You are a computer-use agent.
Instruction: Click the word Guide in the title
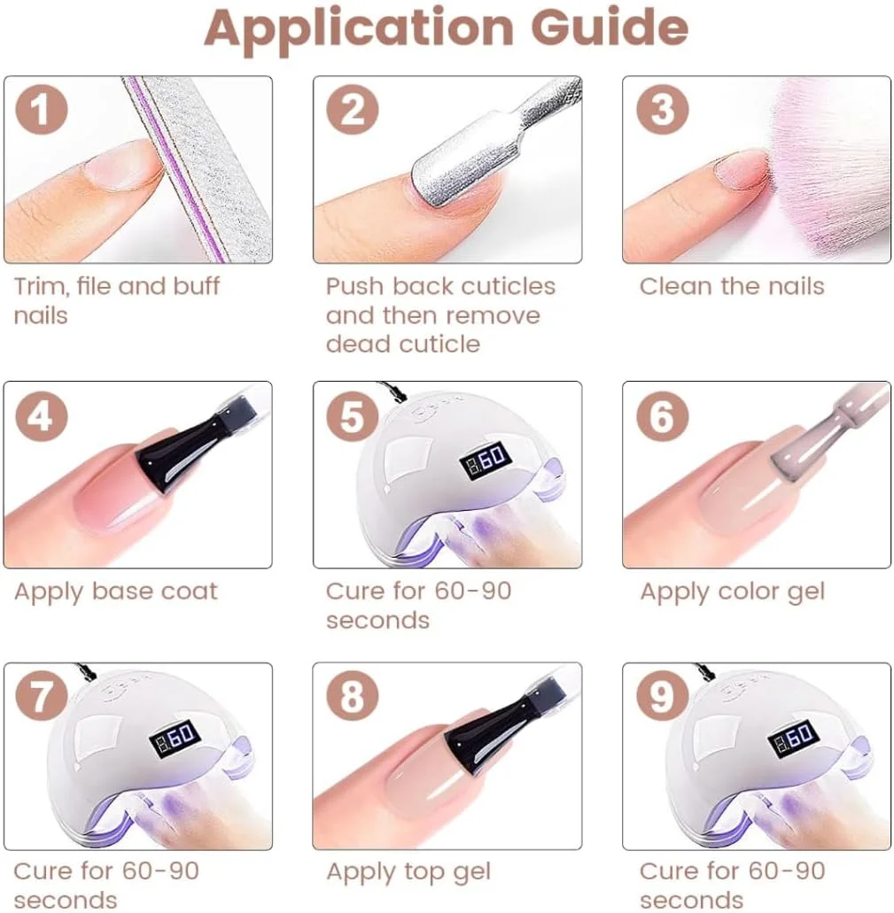click(x=610, y=27)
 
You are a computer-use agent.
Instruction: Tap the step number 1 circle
click(x=42, y=110)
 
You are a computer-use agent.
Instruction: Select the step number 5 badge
click(x=353, y=415)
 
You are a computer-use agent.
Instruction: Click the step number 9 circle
click(x=662, y=696)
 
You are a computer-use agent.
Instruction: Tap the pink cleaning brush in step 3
click(x=821, y=174)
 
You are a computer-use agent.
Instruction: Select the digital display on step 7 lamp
click(x=175, y=739)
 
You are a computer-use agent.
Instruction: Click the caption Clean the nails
click(x=732, y=287)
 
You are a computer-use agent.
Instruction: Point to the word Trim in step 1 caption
click(x=40, y=287)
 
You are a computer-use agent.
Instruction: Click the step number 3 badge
click(x=662, y=110)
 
